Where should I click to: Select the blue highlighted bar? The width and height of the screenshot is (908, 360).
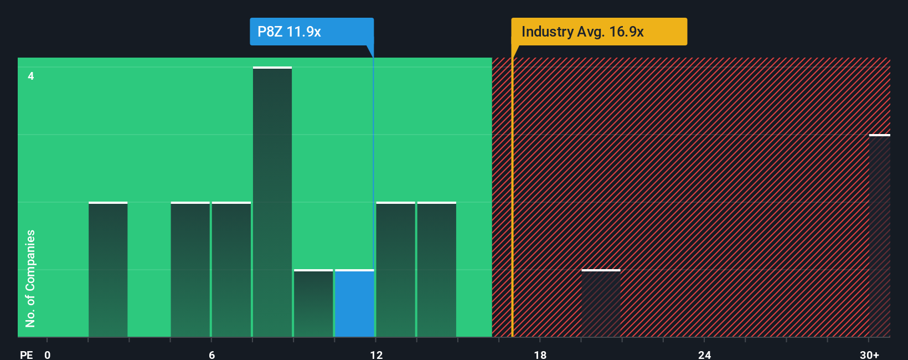point(354,304)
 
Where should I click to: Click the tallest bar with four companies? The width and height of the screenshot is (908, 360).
point(272,202)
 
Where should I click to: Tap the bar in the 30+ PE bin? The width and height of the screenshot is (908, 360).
point(879,235)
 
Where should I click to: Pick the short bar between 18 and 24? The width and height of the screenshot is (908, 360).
point(601,304)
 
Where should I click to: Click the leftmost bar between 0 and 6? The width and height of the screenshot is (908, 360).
point(108,270)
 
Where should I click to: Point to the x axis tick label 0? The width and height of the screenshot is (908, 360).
point(48,354)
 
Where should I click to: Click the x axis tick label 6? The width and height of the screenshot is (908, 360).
point(211,354)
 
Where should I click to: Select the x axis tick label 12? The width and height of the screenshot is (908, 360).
point(376,354)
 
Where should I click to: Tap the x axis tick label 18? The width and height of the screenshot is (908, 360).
point(540,354)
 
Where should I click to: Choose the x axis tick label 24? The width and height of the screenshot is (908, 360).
point(704,354)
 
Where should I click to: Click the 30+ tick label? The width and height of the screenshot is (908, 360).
point(869,354)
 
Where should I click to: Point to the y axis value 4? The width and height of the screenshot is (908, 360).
point(31,76)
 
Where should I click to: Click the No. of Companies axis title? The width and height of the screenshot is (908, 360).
point(30,278)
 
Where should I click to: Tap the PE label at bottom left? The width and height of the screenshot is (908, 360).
point(26,354)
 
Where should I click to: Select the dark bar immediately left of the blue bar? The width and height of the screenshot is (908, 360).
point(313,304)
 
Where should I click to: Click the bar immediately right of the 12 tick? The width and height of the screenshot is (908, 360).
point(395,270)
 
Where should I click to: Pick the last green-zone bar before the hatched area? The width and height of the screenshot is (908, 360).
point(436,270)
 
